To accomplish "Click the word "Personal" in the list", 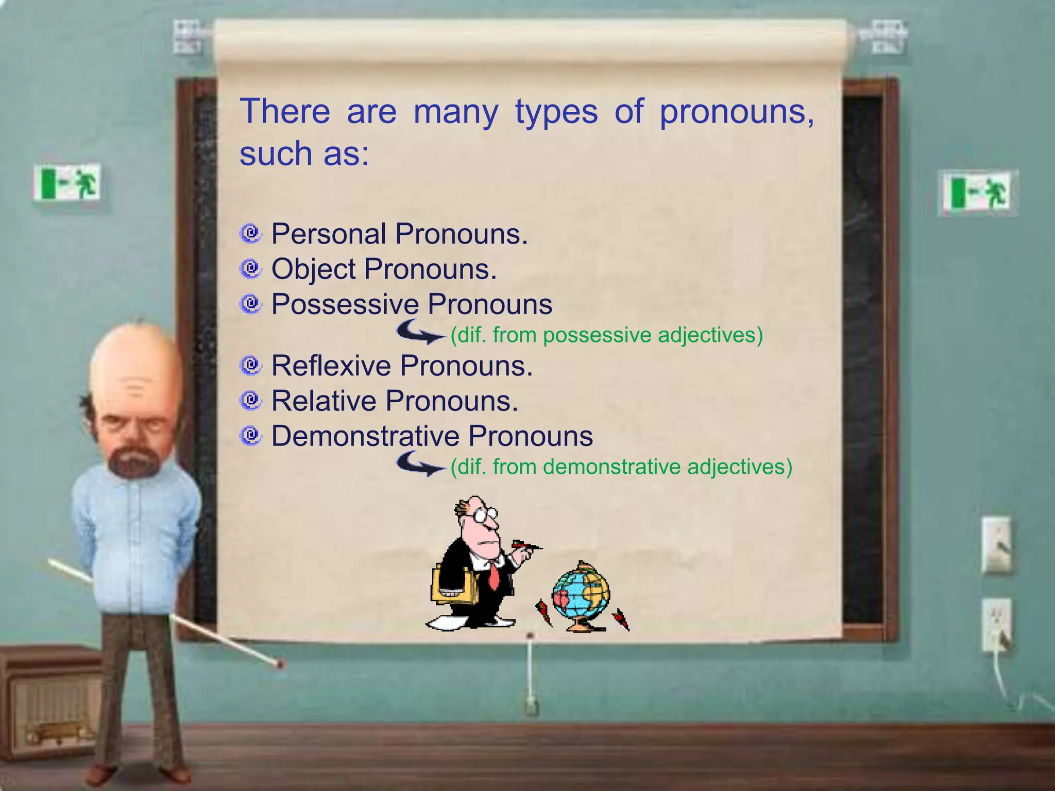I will click(x=329, y=234).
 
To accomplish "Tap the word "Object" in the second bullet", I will click(x=313, y=269).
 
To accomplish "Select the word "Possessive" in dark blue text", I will click(x=345, y=304).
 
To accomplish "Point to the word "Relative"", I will click(x=324, y=401).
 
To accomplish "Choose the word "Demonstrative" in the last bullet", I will click(x=365, y=436).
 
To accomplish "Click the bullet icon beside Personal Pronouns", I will click(x=251, y=234).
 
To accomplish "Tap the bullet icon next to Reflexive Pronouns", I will click(x=251, y=366).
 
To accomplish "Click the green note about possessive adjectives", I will click(x=606, y=335).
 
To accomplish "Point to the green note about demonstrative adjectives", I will click(x=621, y=467).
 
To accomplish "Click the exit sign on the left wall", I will click(x=67, y=183).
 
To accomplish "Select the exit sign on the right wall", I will click(x=976, y=192).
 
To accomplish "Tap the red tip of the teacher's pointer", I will click(x=281, y=665).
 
